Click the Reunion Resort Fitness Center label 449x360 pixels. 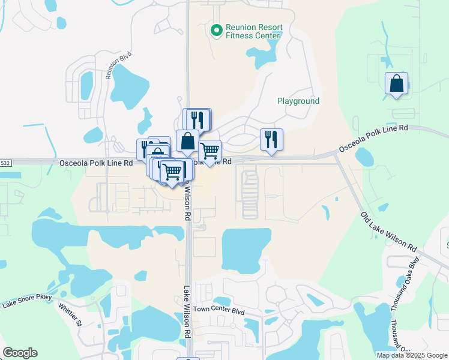pyautogui.click(x=253, y=31)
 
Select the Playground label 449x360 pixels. pyautogui.click(x=298, y=101)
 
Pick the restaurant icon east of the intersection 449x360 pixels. pyautogui.click(x=271, y=140)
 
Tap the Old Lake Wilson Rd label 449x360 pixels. pyautogui.click(x=388, y=232)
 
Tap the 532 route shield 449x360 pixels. pyautogui.click(x=5, y=163)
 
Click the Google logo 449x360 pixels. pyautogui.click(x=20, y=353)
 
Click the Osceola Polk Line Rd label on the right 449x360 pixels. pyautogui.click(x=373, y=138)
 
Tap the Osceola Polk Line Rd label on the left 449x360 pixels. pyautogui.click(x=96, y=163)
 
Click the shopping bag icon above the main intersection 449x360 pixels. pyautogui.click(x=187, y=141)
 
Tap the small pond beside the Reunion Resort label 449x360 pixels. pyautogui.click(x=259, y=58)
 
